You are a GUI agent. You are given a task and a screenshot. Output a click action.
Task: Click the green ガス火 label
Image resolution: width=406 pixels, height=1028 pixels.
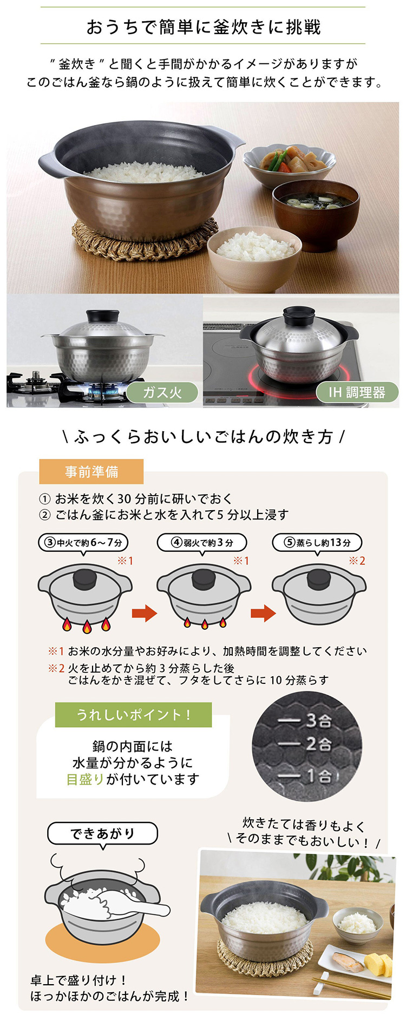tap(162, 392)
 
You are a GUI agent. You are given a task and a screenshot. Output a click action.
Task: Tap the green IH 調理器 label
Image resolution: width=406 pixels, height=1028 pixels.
tap(357, 392)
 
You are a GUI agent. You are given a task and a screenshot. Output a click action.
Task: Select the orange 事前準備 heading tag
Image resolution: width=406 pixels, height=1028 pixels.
tap(91, 472)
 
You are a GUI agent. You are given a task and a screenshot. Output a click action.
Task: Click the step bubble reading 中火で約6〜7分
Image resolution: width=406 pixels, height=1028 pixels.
tap(84, 543)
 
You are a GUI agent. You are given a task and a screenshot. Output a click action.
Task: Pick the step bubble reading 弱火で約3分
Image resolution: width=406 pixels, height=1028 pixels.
tap(202, 543)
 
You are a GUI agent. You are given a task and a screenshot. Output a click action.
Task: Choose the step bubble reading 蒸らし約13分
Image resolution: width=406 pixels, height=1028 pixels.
tap(317, 543)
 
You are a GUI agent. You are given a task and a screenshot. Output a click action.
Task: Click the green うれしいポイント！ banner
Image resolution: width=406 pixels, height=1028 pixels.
tap(133, 715)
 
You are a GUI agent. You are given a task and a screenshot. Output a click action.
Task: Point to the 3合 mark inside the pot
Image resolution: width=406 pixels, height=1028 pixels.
tap(318, 720)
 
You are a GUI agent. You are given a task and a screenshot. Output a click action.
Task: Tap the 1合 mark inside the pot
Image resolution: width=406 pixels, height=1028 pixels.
tap(319, 776)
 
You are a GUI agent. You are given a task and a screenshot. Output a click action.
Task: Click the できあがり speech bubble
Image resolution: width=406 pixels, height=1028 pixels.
tap(102, 833)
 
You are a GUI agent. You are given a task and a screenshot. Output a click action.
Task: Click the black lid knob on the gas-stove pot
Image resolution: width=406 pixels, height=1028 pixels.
tap(103, 317)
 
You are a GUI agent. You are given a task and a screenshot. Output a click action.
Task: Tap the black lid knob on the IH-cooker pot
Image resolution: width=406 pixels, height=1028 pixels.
tap(299, 314)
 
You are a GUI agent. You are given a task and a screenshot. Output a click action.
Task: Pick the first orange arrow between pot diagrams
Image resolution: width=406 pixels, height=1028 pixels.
tap(145, 614)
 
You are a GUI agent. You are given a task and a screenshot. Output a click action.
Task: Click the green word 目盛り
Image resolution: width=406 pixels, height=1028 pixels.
tap(86, 779)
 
